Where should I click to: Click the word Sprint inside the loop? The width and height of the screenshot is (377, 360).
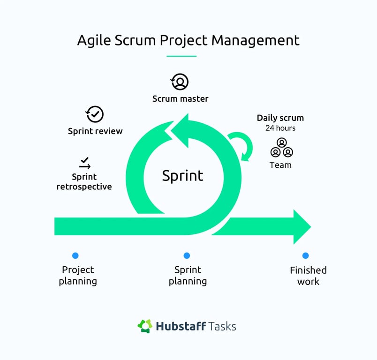(x=182, y=175)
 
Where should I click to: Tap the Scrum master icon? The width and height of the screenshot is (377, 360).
(x=180, y=82)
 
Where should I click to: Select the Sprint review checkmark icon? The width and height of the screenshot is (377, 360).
(x=95, y=114)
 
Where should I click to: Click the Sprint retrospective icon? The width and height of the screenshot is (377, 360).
(x=84, y=163)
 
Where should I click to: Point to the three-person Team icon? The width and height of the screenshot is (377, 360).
(x=281, y=148)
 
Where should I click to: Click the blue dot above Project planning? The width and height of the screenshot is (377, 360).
(x=75, y=255)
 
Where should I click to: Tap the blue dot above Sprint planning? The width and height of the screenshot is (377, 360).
(x=187, y=255)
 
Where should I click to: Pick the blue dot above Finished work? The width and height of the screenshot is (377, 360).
(x=306, y=255)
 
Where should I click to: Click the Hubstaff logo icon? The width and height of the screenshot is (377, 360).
(x=145, y=326)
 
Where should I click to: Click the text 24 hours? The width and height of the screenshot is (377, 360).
(x=280, y=128)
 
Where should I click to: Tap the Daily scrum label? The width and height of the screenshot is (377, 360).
(x=280, y=118)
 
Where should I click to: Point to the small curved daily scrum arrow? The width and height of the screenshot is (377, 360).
(x=242, y=144)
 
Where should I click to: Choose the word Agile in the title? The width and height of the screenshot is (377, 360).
(x=92, y=40)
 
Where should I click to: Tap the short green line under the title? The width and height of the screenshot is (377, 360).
(x=181, y=56)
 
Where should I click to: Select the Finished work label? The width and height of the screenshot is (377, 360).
(x=308, y=276)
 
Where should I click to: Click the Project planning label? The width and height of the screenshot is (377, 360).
(x=78, y=276)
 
